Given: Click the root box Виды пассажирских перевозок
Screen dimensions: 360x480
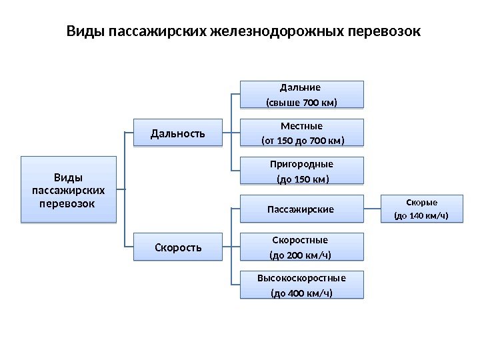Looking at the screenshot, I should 68,189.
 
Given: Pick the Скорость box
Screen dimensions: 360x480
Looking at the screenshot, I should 178,247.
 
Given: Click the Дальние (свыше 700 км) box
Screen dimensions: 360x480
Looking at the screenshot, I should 302,95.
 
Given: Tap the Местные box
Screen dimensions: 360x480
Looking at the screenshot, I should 302,133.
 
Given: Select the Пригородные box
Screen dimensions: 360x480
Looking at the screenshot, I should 302,171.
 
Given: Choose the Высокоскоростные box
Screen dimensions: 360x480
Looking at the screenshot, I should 302,285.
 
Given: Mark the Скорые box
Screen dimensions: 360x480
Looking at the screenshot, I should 421,208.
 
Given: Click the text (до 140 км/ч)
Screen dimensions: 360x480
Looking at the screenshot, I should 421,215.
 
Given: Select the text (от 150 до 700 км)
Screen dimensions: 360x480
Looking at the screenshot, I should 302,141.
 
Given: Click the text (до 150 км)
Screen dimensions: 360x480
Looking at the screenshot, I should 302,179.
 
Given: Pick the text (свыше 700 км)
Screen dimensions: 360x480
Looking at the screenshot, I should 302,103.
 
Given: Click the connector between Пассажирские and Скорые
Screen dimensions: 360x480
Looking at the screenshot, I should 373,209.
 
